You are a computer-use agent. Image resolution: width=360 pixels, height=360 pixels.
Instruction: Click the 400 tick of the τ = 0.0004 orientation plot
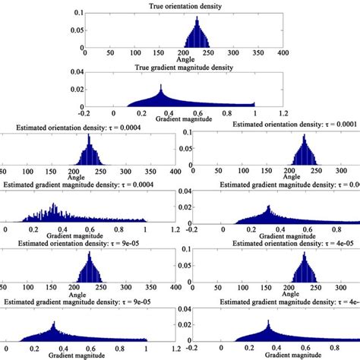click(175, 172)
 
